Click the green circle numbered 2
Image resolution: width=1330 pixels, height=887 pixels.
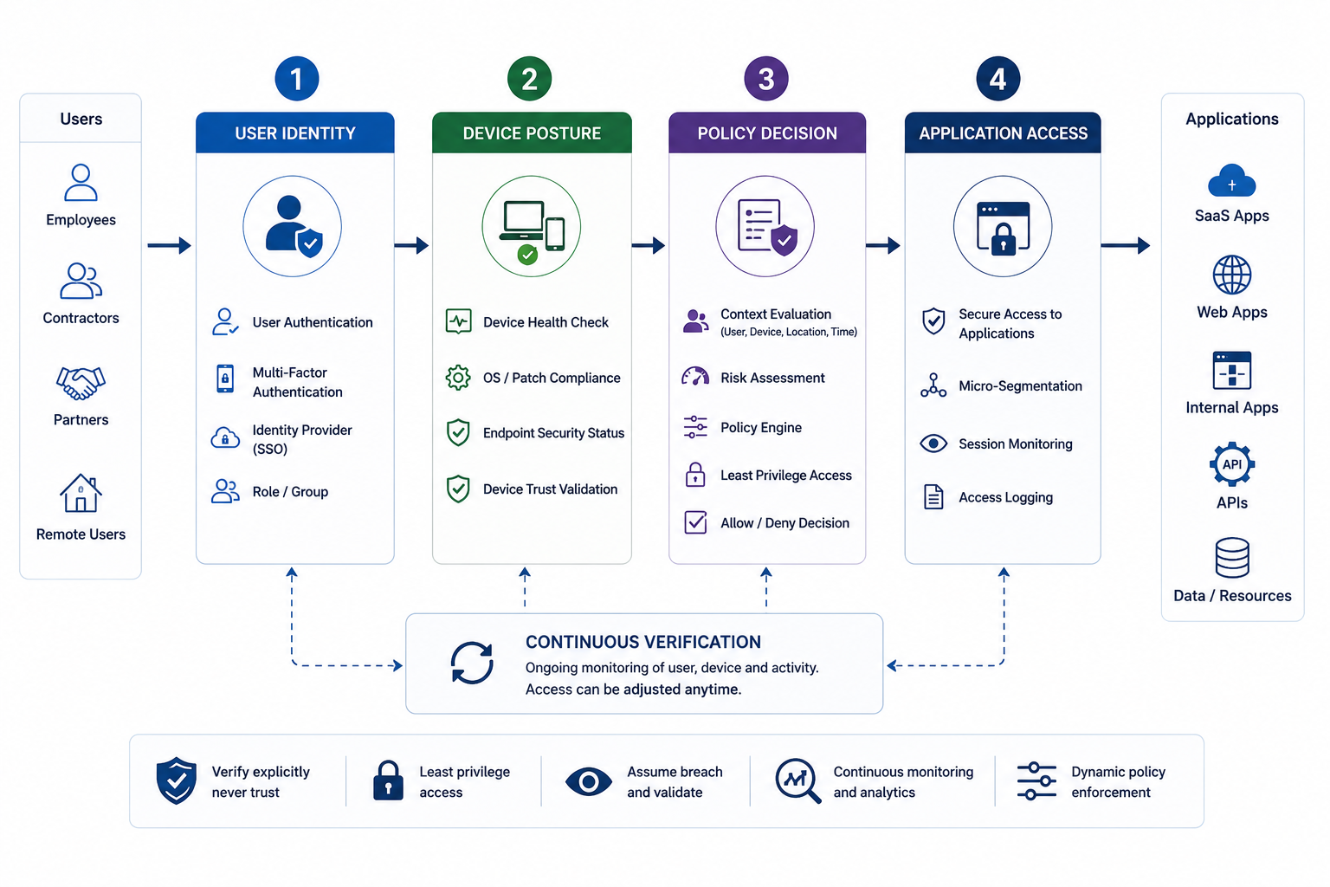[x=529, y=79]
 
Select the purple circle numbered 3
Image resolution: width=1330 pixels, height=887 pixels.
[x=766, y=79]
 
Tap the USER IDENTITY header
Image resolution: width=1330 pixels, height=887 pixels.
[x=295, y=133]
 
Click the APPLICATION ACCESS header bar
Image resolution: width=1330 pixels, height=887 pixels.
[x=1003, y=133]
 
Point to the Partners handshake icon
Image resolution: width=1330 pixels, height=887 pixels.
[x=81, y=383]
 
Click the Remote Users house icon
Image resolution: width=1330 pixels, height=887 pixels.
[x=81, y=493]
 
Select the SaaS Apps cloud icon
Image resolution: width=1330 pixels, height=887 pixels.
[x=1232, y=181]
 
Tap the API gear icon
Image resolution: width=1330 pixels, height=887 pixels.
[x=1232, y=464]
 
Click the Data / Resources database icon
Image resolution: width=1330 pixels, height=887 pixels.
[x=1232, y=558]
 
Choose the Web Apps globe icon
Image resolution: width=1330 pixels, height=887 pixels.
[x=1232, y=275]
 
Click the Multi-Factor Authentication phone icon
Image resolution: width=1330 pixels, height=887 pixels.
[x=225, y=379]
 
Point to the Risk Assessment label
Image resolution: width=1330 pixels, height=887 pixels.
[x=772, y=378]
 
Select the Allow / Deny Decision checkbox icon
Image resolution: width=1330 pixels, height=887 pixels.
[x=695, y=523]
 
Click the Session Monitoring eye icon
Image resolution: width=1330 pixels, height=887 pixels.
[x=933, y=443]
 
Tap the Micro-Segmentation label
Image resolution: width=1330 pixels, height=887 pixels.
[x=1020, y=386]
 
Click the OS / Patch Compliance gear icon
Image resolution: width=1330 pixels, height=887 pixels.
[x=458, y=378]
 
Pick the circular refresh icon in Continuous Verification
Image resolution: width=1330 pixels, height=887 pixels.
[x=472, y=663]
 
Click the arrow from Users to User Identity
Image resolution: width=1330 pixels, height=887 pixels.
[x=169, y=245]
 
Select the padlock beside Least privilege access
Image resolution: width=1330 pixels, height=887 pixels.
[x=388, y=780]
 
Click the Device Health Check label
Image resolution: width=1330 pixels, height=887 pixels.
[x=546, y=322]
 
